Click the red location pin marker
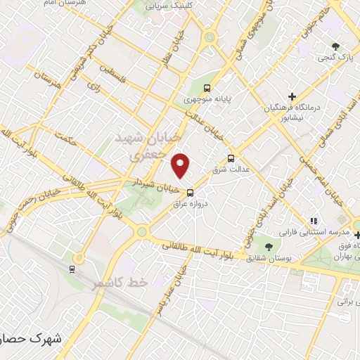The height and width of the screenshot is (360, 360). point(182,165)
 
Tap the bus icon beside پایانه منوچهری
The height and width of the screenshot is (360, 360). point(207,88)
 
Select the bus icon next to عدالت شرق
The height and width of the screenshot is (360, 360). point(231,158)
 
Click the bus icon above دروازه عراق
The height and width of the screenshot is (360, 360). point(190,193)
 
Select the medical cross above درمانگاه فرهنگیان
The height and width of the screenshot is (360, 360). point(292,96)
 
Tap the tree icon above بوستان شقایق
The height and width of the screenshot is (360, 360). point(269,246)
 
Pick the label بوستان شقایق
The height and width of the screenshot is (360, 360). point(269,258)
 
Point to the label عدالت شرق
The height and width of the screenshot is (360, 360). point(230,169)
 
